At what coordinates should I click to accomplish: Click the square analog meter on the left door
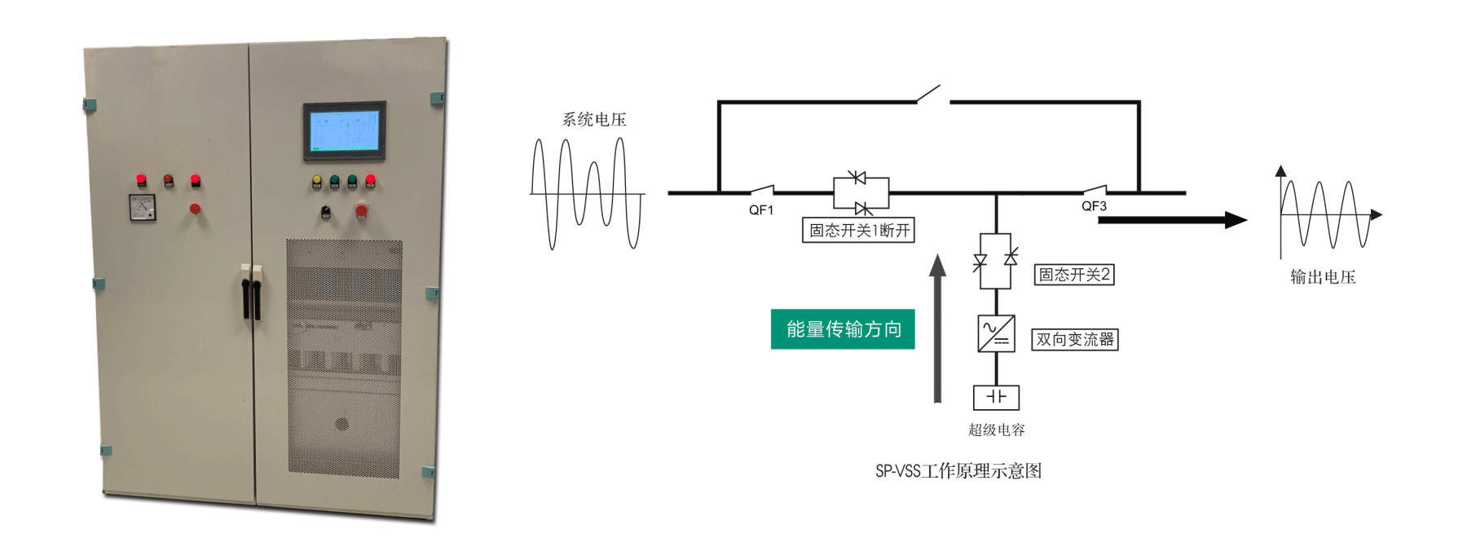[x=143, y=209]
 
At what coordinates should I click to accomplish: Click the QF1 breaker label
[x=761, y=210]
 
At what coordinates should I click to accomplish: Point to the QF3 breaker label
[x=1094, y=206]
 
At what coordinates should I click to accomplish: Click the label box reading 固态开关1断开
[x=859, y=231]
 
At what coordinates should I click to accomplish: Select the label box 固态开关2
[x=1074, y=275]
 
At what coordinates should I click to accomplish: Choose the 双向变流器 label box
[x=1075, y=339]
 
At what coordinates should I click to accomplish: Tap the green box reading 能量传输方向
[x=843, y=329]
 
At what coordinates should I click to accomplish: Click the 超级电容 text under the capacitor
[x=996, y=430]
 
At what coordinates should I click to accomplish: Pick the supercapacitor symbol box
[x=996, y=397]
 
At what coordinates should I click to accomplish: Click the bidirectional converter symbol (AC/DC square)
[x=996, y=333]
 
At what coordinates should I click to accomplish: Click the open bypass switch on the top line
[x=930, y=95]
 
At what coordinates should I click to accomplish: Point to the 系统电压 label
[x=594, y=120]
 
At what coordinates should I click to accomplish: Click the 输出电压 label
[x=1323, y=277]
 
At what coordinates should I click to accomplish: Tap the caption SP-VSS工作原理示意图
[x=958, y=471]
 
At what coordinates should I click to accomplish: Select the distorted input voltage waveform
[x=587, y=193]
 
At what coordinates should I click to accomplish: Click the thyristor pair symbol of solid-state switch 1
[x=861, y=193]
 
